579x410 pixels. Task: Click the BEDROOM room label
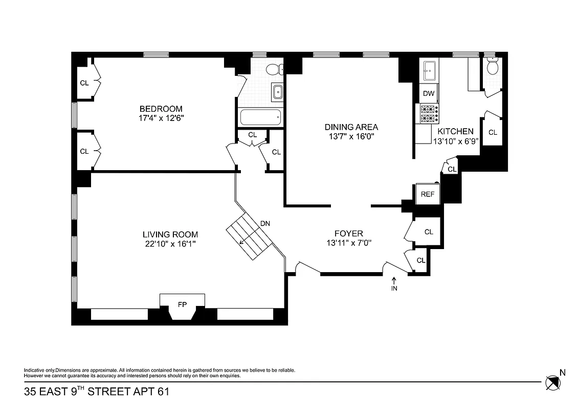pos(161,109)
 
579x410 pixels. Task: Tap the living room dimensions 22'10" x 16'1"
pos(170,244)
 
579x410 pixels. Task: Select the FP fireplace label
pos(182,304)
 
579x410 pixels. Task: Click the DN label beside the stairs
pos(265,223)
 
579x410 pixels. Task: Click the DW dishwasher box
pos(429,93)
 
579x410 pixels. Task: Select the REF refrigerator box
pos(427,194)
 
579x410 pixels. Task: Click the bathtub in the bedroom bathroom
pos(261,118)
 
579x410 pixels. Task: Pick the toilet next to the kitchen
pos(493,67)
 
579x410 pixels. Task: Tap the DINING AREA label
pos(351,127)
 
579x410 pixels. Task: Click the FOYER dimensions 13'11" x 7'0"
pos(349,243)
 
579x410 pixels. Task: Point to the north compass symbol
pos(552,382)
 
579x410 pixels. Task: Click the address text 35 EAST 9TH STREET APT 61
pos(96,392)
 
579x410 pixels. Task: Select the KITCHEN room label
pos(455,131)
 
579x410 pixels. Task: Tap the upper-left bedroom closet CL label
pos(84,83)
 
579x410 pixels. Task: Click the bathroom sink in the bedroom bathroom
pos(278,92)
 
